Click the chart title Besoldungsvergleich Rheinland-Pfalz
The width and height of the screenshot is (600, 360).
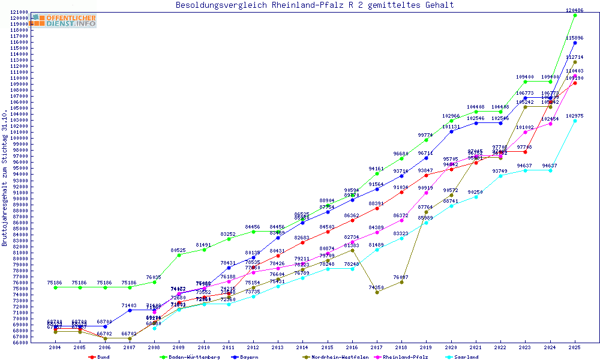tap(314, 5)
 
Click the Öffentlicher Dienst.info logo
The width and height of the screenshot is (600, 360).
tap(64, 21)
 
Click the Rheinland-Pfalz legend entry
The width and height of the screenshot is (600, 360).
tap(406, 357)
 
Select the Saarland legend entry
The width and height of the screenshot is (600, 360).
tap(466, 357)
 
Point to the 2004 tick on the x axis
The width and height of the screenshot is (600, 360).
tap(55, 347)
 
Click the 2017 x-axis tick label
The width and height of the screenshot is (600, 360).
tap(377, 347)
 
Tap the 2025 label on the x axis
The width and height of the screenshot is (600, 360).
tap(575, 347)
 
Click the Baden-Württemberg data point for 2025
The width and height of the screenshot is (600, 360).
tap(575, 15)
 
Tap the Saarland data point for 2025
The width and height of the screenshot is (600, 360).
tap(575, 121)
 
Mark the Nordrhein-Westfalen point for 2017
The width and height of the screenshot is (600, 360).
tap(377, 292)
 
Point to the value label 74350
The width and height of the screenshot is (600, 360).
tap(377, 287)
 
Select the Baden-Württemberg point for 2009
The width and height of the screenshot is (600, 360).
tap(179, 255)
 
